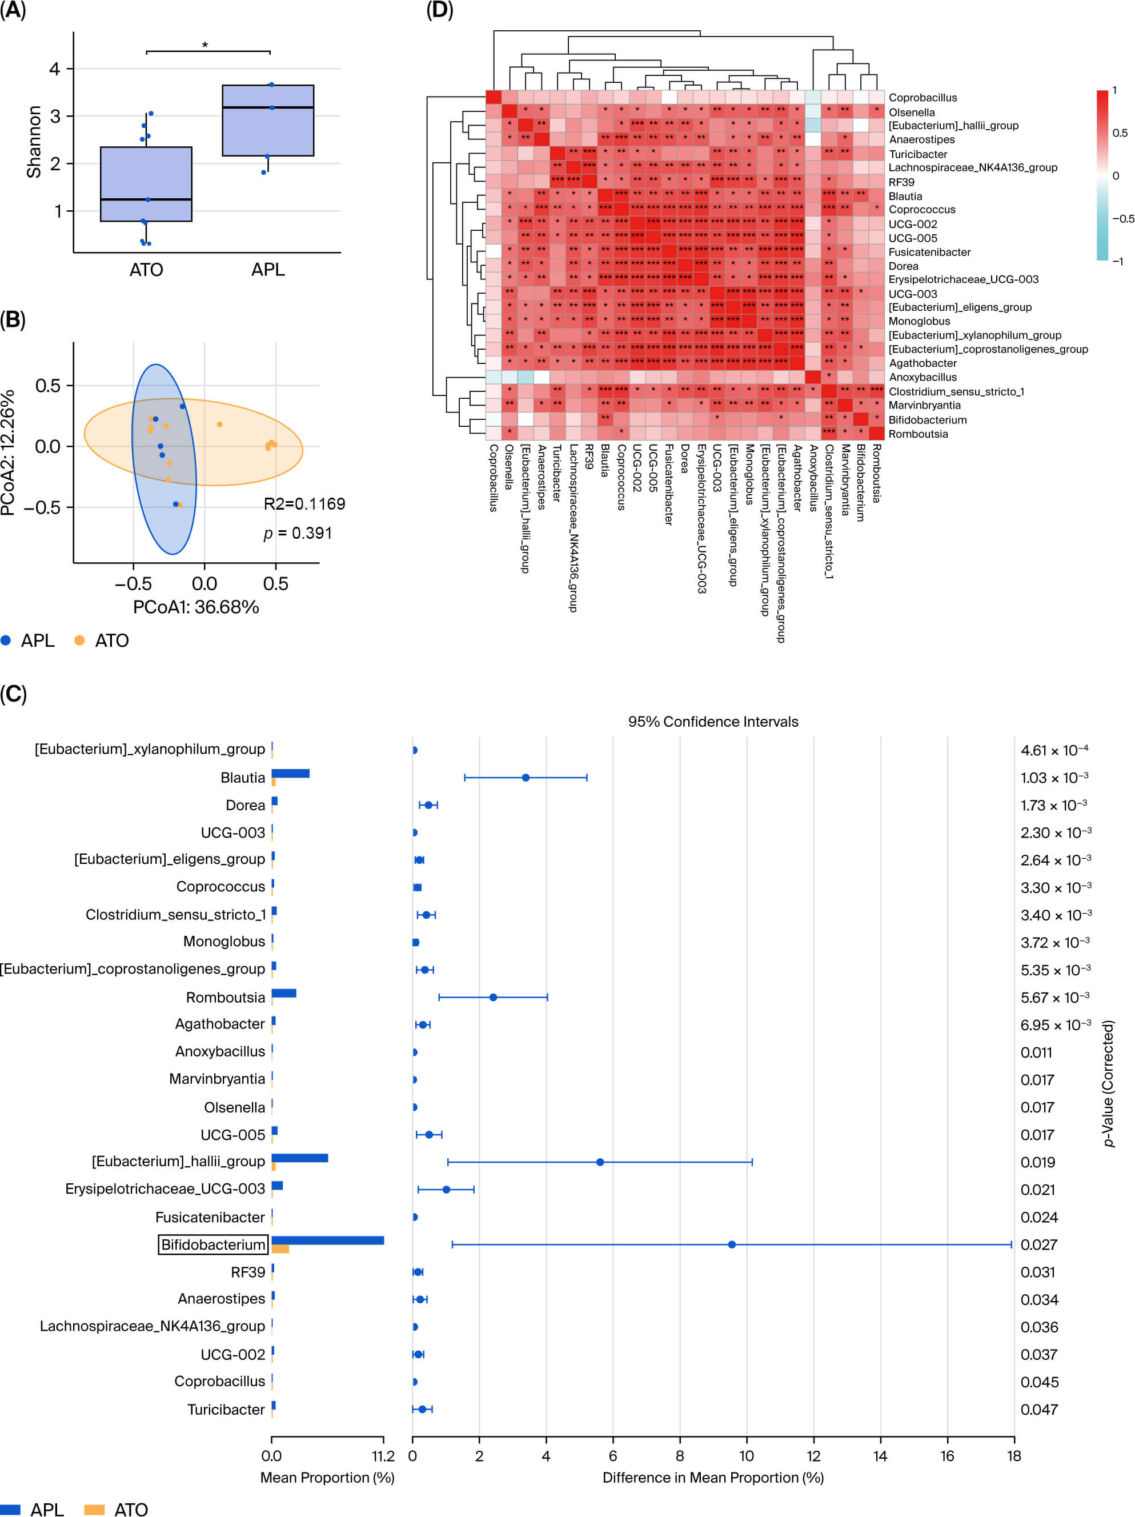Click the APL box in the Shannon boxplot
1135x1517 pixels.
(x=267, y=121)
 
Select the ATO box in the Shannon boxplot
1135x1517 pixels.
(x=146, y=184)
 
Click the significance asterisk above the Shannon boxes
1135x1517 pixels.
(x=205, y=46)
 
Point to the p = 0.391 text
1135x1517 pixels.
(x=298, y=533)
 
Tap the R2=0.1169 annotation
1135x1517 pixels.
(x=304, y=504)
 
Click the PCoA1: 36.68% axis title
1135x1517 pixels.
(x=196, y=607)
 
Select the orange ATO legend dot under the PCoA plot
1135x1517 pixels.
(x=79, y=641)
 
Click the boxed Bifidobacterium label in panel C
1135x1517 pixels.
(x=212, y=1244)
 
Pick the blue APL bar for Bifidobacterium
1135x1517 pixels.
(x=327, y=1240)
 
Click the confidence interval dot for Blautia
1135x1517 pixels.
(x=526, y=778)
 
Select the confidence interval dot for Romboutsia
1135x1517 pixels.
(x=493, y=997)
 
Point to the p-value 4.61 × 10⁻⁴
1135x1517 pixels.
(x=1054, y=750)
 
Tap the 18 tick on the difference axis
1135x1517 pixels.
(x=1013, y=1456)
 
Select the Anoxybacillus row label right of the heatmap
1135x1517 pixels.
(x=923, y=377)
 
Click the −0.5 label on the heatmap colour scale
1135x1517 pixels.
(x=1122, y=219)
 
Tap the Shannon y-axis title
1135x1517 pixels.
(x=33, y=141)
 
